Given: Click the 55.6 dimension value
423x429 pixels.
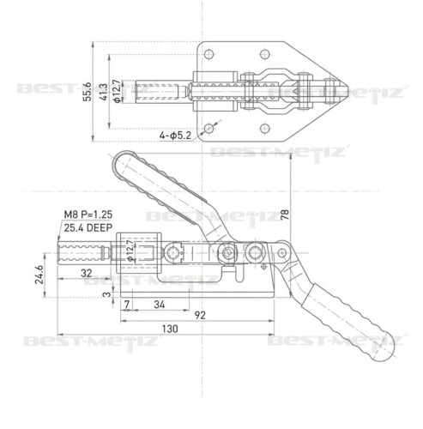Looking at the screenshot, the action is coord(87,91).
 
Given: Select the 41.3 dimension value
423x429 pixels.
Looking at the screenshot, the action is coord(103,92).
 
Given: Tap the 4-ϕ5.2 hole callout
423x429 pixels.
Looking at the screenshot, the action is coord(175,135).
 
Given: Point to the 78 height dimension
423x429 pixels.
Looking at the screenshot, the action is coord(285,214).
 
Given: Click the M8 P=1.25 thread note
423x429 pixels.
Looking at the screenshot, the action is coord(88,214).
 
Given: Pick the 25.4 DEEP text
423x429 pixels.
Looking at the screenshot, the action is coord(88,228).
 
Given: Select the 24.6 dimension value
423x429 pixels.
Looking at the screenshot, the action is coord(39,275).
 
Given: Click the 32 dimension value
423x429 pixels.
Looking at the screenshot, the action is coord(87,273).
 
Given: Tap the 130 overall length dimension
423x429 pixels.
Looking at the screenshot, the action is coord(170,329).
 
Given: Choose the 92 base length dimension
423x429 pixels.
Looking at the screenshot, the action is coord(200,315).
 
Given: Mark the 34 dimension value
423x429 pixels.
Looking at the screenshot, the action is coord(160,305).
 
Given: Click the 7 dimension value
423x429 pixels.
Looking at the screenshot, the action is coord(127,305).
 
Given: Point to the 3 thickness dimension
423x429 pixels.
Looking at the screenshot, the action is coord(106,294).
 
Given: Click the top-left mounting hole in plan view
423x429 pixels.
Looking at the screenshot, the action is coord(209,54).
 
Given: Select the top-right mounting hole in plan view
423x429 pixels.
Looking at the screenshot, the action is coord(265,54).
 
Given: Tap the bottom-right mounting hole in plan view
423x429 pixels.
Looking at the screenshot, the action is coord(265,128).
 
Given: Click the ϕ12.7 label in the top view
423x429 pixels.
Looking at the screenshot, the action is coord(117,91).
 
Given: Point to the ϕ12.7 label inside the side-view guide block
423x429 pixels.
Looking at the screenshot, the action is coord(130,251).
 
